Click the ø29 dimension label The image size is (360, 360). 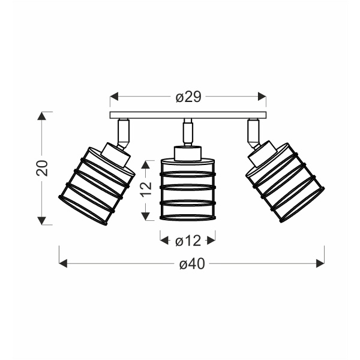(x=188, y=97)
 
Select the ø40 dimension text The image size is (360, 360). (x=192, y=264)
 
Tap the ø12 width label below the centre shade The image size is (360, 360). (x=188, y=241)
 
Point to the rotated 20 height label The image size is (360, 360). (x=42, y=168)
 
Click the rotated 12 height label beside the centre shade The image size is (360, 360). (x=146, y=190)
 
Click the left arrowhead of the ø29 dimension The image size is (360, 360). (x=114, y=97)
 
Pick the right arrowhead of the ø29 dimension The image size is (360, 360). (x=262, y=97)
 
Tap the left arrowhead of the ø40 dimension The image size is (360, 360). (x=63, y=263)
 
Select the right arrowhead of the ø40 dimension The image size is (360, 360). (x=320, y=263)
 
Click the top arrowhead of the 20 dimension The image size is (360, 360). (x=42, y=116)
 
